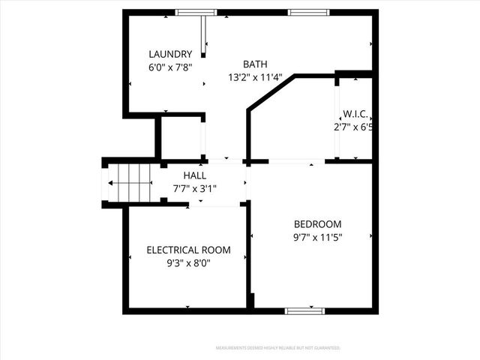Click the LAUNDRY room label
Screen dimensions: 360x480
170,54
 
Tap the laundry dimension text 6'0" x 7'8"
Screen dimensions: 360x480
170,67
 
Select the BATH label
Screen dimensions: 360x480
255,64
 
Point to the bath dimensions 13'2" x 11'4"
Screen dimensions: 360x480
255,76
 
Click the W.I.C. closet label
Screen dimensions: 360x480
355,115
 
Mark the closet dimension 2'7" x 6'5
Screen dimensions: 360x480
354,127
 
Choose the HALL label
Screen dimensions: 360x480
195,175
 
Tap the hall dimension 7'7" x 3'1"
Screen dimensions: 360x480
195,189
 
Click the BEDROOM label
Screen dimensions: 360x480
317,224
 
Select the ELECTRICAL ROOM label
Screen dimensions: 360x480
188,250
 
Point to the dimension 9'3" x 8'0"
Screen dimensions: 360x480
188,263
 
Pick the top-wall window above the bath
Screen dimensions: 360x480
308,12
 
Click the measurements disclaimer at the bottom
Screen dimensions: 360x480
278,348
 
